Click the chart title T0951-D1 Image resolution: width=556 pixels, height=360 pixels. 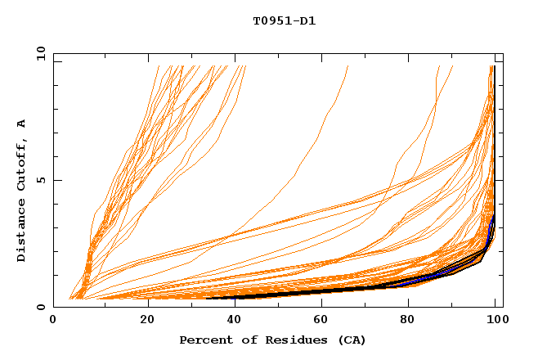[284, 21]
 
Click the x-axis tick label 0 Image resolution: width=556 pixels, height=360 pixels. [53, 321]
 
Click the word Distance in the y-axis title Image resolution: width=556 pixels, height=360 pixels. [22, 232]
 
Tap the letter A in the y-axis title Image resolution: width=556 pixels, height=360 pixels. [22, 124]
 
